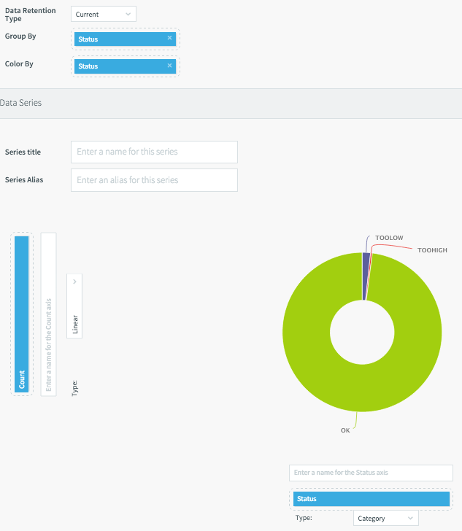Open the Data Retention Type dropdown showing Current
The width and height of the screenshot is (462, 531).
(x=104, y=14)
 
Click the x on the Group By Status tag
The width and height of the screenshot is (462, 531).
(x=169, y=39)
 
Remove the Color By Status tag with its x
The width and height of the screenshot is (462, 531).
(x=169, y=66)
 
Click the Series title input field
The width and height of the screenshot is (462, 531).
(x=154, y=152)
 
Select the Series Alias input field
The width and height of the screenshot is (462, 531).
(x=154, y=180)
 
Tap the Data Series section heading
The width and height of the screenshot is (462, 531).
(x=21, y=103)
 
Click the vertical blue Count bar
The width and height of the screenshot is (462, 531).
(x=22, y=314)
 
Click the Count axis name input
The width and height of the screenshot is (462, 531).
(x=48, y=314)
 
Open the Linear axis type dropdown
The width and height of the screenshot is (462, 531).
(x=74, y=306)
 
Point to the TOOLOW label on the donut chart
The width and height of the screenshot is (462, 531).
(x=389, y=238)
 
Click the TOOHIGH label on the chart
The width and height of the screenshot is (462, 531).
(x=432, y=250)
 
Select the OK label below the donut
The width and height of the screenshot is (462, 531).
(x=346, y=430)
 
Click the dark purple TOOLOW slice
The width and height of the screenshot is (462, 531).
(x=365, y=276)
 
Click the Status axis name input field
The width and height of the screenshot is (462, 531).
(x=371, y=473)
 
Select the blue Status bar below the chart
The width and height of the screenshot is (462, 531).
(x=371, y=499)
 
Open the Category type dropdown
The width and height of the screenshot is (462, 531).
(x=386, y=519)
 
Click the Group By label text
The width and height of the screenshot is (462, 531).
(x=20, y=36)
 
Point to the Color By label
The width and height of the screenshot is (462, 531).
(x=20, y=63)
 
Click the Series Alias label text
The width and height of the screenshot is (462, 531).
(x=24, y=179)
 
